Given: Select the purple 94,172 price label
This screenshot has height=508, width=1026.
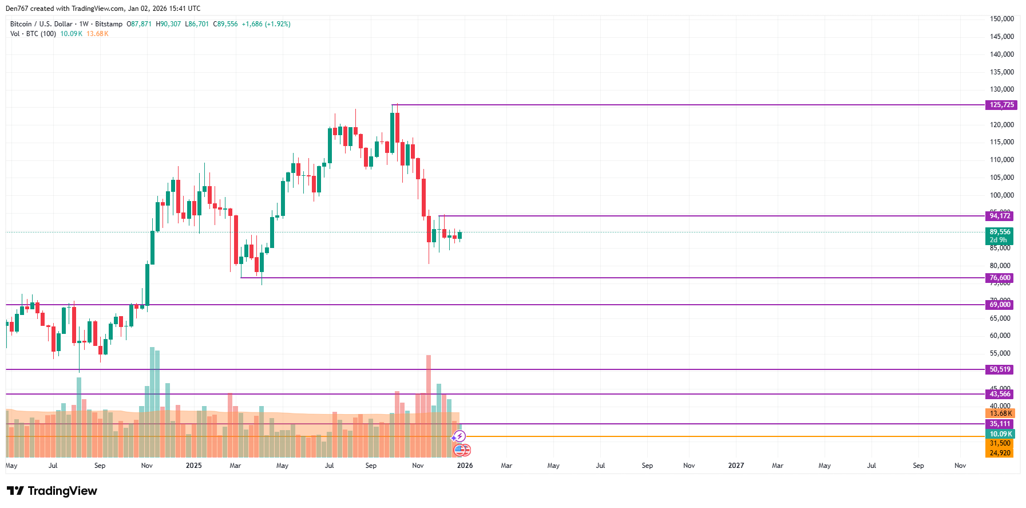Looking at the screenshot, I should [999, 216].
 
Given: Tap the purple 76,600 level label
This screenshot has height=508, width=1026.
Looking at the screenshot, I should [999, 278].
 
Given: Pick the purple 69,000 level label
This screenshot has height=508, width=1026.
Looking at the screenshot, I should [999, 305].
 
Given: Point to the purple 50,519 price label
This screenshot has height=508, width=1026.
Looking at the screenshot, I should [999, 369].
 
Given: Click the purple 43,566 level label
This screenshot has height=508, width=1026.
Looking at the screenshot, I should [999, 394].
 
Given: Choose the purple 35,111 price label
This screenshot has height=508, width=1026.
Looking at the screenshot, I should [999, 424].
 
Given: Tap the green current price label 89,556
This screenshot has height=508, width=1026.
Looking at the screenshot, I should [999, 232].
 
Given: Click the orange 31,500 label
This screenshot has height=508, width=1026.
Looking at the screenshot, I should [999, 443].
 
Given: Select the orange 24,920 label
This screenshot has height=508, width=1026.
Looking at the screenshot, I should [999, 453].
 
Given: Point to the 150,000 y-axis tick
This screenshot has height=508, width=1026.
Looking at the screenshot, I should [1001, 19].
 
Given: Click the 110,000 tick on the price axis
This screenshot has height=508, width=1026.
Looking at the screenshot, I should [1001, 160].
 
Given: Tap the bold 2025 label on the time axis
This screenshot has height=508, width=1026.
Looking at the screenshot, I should [193, 466].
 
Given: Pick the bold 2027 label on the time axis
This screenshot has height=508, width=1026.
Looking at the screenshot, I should [736, 466].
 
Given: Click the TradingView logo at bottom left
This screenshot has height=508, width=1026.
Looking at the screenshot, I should [52, 491].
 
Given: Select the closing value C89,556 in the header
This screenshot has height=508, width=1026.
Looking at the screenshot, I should [225, 24].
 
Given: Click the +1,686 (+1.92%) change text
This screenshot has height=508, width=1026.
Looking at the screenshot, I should [266, 24].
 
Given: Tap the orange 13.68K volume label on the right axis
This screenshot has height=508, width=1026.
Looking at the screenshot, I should [1000, 414].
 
